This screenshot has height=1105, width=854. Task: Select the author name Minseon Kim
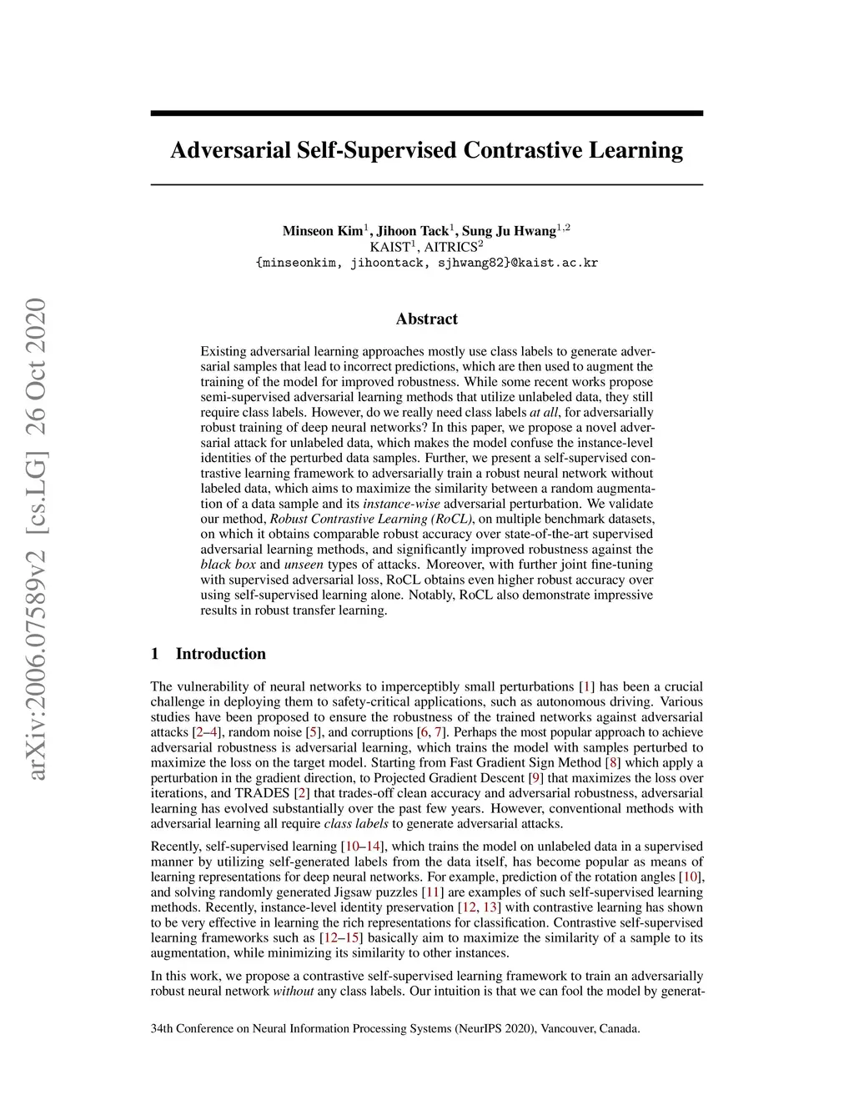323,231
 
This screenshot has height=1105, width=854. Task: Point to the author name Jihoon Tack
412,231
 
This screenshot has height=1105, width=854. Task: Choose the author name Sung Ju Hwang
509,231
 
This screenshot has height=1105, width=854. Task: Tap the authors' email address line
426,263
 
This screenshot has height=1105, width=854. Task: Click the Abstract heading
426,319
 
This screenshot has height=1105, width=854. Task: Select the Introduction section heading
220,654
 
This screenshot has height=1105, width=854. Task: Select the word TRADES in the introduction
262,793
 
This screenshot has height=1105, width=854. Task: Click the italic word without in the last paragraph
294,992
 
